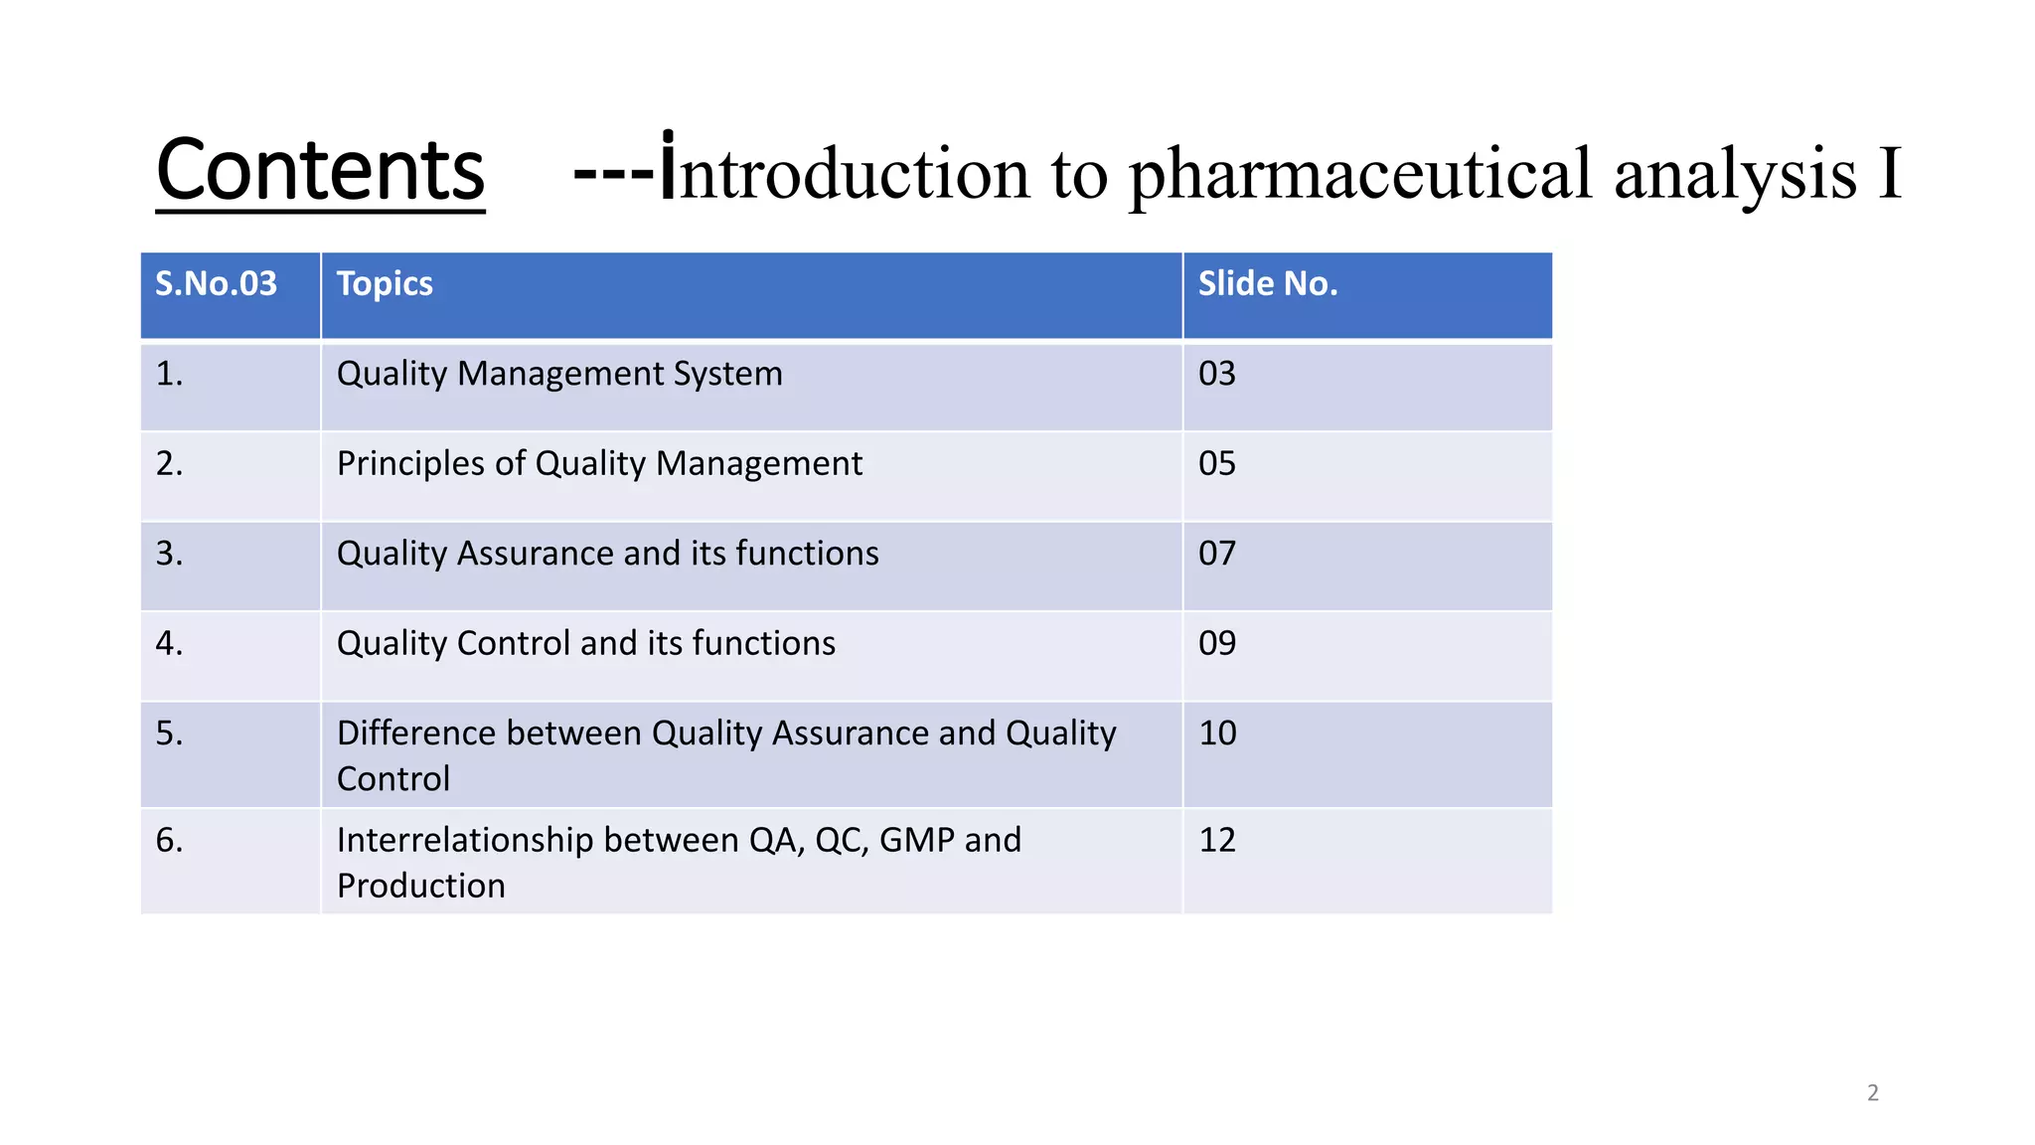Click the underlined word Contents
pyautogui.click(x=320, y=171)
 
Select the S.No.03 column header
pyautogui.click(x=216, y=284)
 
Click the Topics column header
pyautogui.click(x=385, y=284)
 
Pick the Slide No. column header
pyautogui.click(x=1267, y=284)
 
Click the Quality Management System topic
pyautogui.click(x=559, y=374)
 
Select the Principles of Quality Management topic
pyautogui.click(x=599, y=464)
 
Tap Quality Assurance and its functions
pyautogui.click(x=607, y=554)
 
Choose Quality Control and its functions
pyautogui.click(x=585, y=644)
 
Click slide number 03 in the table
pyautogui.click(x=1216, y=374)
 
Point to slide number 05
pyautogui.click(x=1216, y=464)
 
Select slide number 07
pyautogui.click(x=1216, y=554)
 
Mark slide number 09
pyautogui.click(x=1216, y=644)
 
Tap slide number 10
pyautogui.click(x=1216, y=734)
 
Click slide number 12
pyautogui.click(x=1216, y=841)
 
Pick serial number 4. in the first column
pyautogui.click(x=169, y=644)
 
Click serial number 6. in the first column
pyautogui.click(x=169, y=841)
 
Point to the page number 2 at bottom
pyautogui.click(x=1872, y=1093)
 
